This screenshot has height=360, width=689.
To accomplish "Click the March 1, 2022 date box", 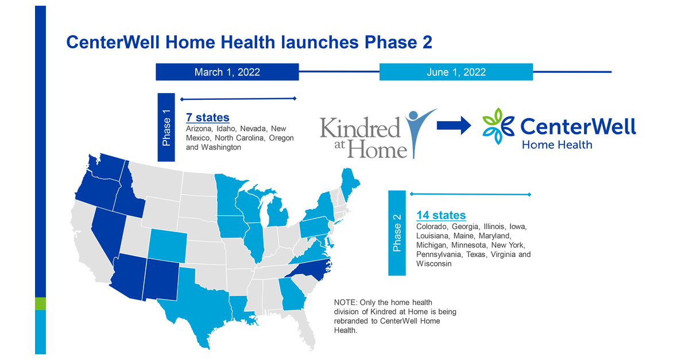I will [x=227, y=72].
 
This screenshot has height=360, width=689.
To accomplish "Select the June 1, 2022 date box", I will [x=456, y=72].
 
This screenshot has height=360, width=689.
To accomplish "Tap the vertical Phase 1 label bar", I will [x=166, y=127].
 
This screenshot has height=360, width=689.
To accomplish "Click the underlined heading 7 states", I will [x=207, y=118].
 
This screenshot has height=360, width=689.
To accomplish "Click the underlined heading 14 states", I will [x=441, y=215].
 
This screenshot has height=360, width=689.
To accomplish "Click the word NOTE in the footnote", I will [x=345, y=302].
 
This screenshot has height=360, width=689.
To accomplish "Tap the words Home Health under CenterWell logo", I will [x=556, y=145].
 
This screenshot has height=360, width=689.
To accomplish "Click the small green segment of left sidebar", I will [x=40, y=303].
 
